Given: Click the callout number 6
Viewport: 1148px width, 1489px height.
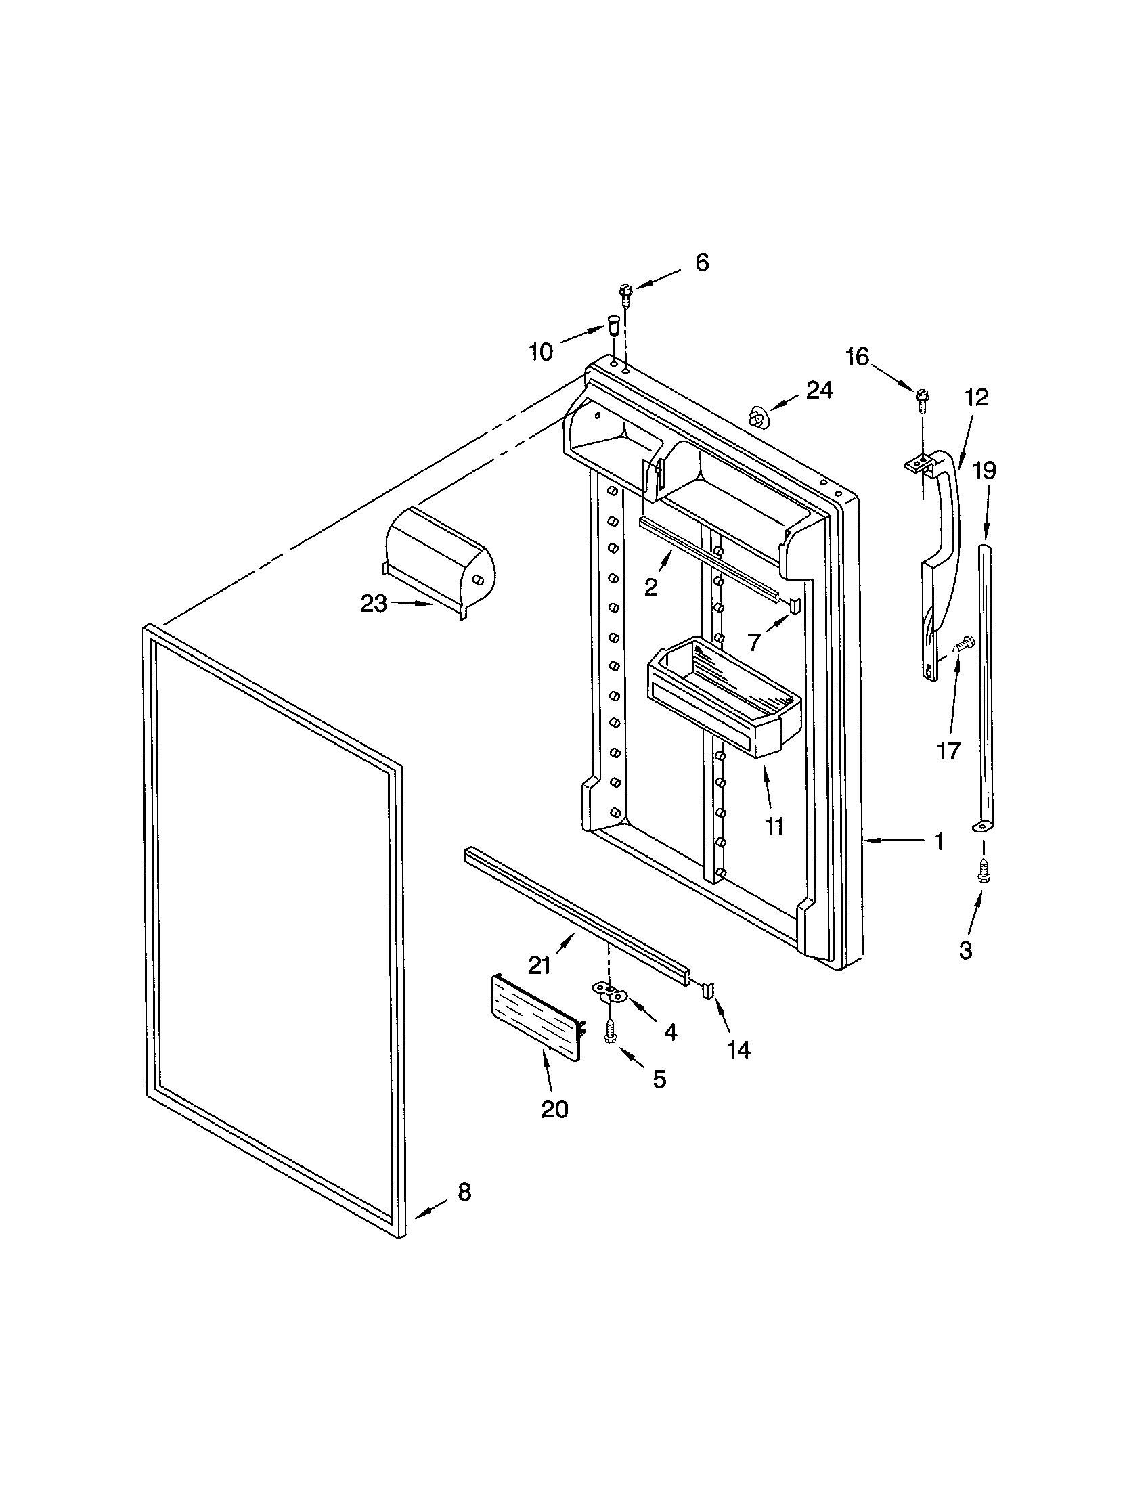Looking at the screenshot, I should pyautogui.click(x=701, y=262).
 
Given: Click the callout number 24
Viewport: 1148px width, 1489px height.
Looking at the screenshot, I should pyautogui.click(x=820, y=390).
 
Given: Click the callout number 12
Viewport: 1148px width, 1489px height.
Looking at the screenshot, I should pyautogui.click(x=977, y=397).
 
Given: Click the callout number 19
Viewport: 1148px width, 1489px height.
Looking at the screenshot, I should pyautogui.click(x=984, y=470).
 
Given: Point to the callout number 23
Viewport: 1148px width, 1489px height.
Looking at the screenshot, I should pyautogui.click(x=373, y=603).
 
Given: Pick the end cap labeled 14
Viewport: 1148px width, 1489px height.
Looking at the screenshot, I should pyautogui.click(x=707, y=989).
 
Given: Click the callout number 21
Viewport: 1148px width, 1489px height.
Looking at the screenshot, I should pyautogui.click(x=540, y=965).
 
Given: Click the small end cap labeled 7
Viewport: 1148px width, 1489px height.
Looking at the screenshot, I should pyautogui.click(x=794, y=604).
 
